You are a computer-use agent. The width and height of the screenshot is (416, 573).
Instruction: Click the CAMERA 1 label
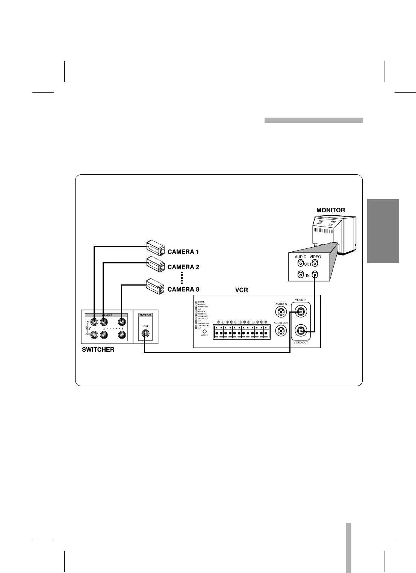pos(183,252)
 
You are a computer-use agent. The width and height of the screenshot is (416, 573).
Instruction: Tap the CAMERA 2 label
pos(183,267)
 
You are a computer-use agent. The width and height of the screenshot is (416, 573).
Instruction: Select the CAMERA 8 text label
pos(183,289)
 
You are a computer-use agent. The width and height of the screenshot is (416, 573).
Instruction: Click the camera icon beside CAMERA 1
pos(156,248)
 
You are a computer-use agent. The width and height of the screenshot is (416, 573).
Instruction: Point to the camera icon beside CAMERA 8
pos(156,286)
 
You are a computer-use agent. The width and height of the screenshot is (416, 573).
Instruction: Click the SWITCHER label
pos(98,350)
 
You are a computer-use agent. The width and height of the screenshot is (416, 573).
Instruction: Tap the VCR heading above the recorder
pos(241,290)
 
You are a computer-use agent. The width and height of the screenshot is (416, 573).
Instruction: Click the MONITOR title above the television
pos(331,210)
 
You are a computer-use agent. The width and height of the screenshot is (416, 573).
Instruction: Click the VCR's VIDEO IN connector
pos(301,311)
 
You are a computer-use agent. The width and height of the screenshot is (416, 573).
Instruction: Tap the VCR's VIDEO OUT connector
pos(301,331)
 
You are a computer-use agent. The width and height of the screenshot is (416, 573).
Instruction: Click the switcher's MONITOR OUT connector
pos(145,333)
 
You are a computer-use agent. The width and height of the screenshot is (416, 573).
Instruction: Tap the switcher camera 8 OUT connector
pos(121,334)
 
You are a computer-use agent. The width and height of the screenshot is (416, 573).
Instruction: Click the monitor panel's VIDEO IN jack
pos(315,275)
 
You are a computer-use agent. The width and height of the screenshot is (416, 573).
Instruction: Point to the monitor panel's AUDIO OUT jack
pos(300,263)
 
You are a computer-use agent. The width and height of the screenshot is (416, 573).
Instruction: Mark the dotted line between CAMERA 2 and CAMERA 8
pos(182,278)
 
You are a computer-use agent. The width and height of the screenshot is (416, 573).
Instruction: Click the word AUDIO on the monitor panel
pos(301,257)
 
